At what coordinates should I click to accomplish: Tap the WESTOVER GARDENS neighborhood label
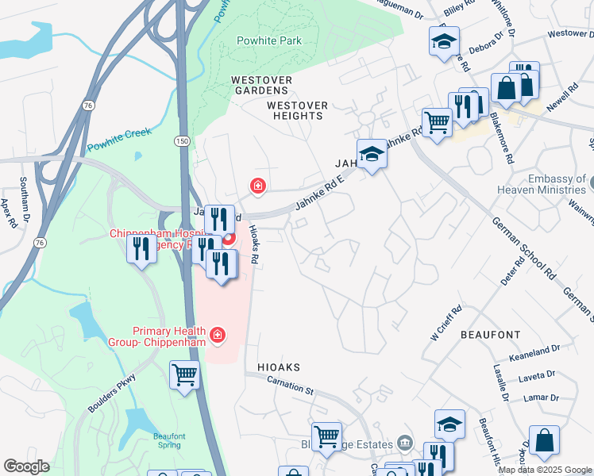coord(261,86)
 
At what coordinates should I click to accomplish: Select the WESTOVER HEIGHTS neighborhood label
coord(295,110)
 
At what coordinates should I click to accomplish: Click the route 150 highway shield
coord(183,140)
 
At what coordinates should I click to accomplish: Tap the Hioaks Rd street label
coord(254,243)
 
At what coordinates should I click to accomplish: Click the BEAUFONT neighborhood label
coord(490,336)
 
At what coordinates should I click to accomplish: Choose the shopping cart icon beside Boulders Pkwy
coord(184,374)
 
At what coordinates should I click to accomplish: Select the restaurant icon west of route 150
coord(141,249)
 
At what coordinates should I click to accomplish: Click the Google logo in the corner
coord(26,466)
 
